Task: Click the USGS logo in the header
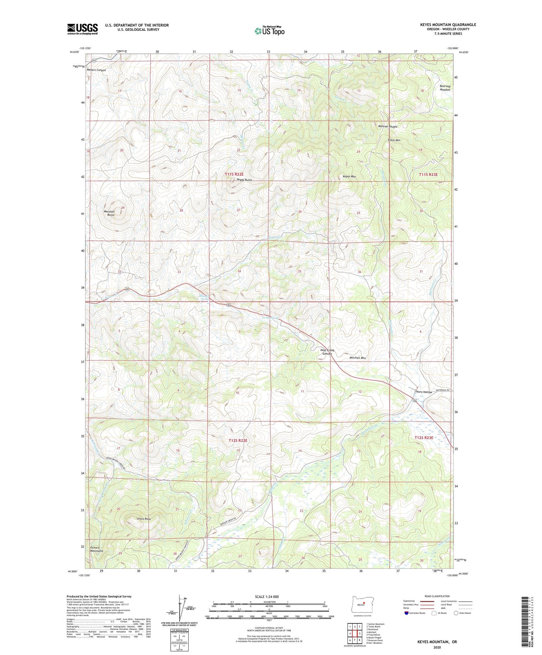83,29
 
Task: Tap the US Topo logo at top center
269,31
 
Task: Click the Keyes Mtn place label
349,176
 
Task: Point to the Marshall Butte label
109,213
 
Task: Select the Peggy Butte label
244,180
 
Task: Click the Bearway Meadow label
445,88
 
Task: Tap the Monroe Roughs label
387,126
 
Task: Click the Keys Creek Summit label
327,352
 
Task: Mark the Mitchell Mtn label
357,358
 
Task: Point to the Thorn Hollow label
423,392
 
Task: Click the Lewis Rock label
144,519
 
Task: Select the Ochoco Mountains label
97,549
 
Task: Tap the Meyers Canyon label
96,70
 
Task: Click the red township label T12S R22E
236,440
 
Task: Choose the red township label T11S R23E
428,174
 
